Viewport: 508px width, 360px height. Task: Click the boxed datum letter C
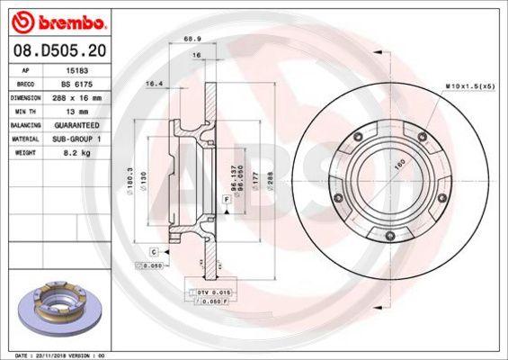pos(154,251)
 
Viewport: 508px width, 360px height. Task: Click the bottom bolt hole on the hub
pos(388,237)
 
